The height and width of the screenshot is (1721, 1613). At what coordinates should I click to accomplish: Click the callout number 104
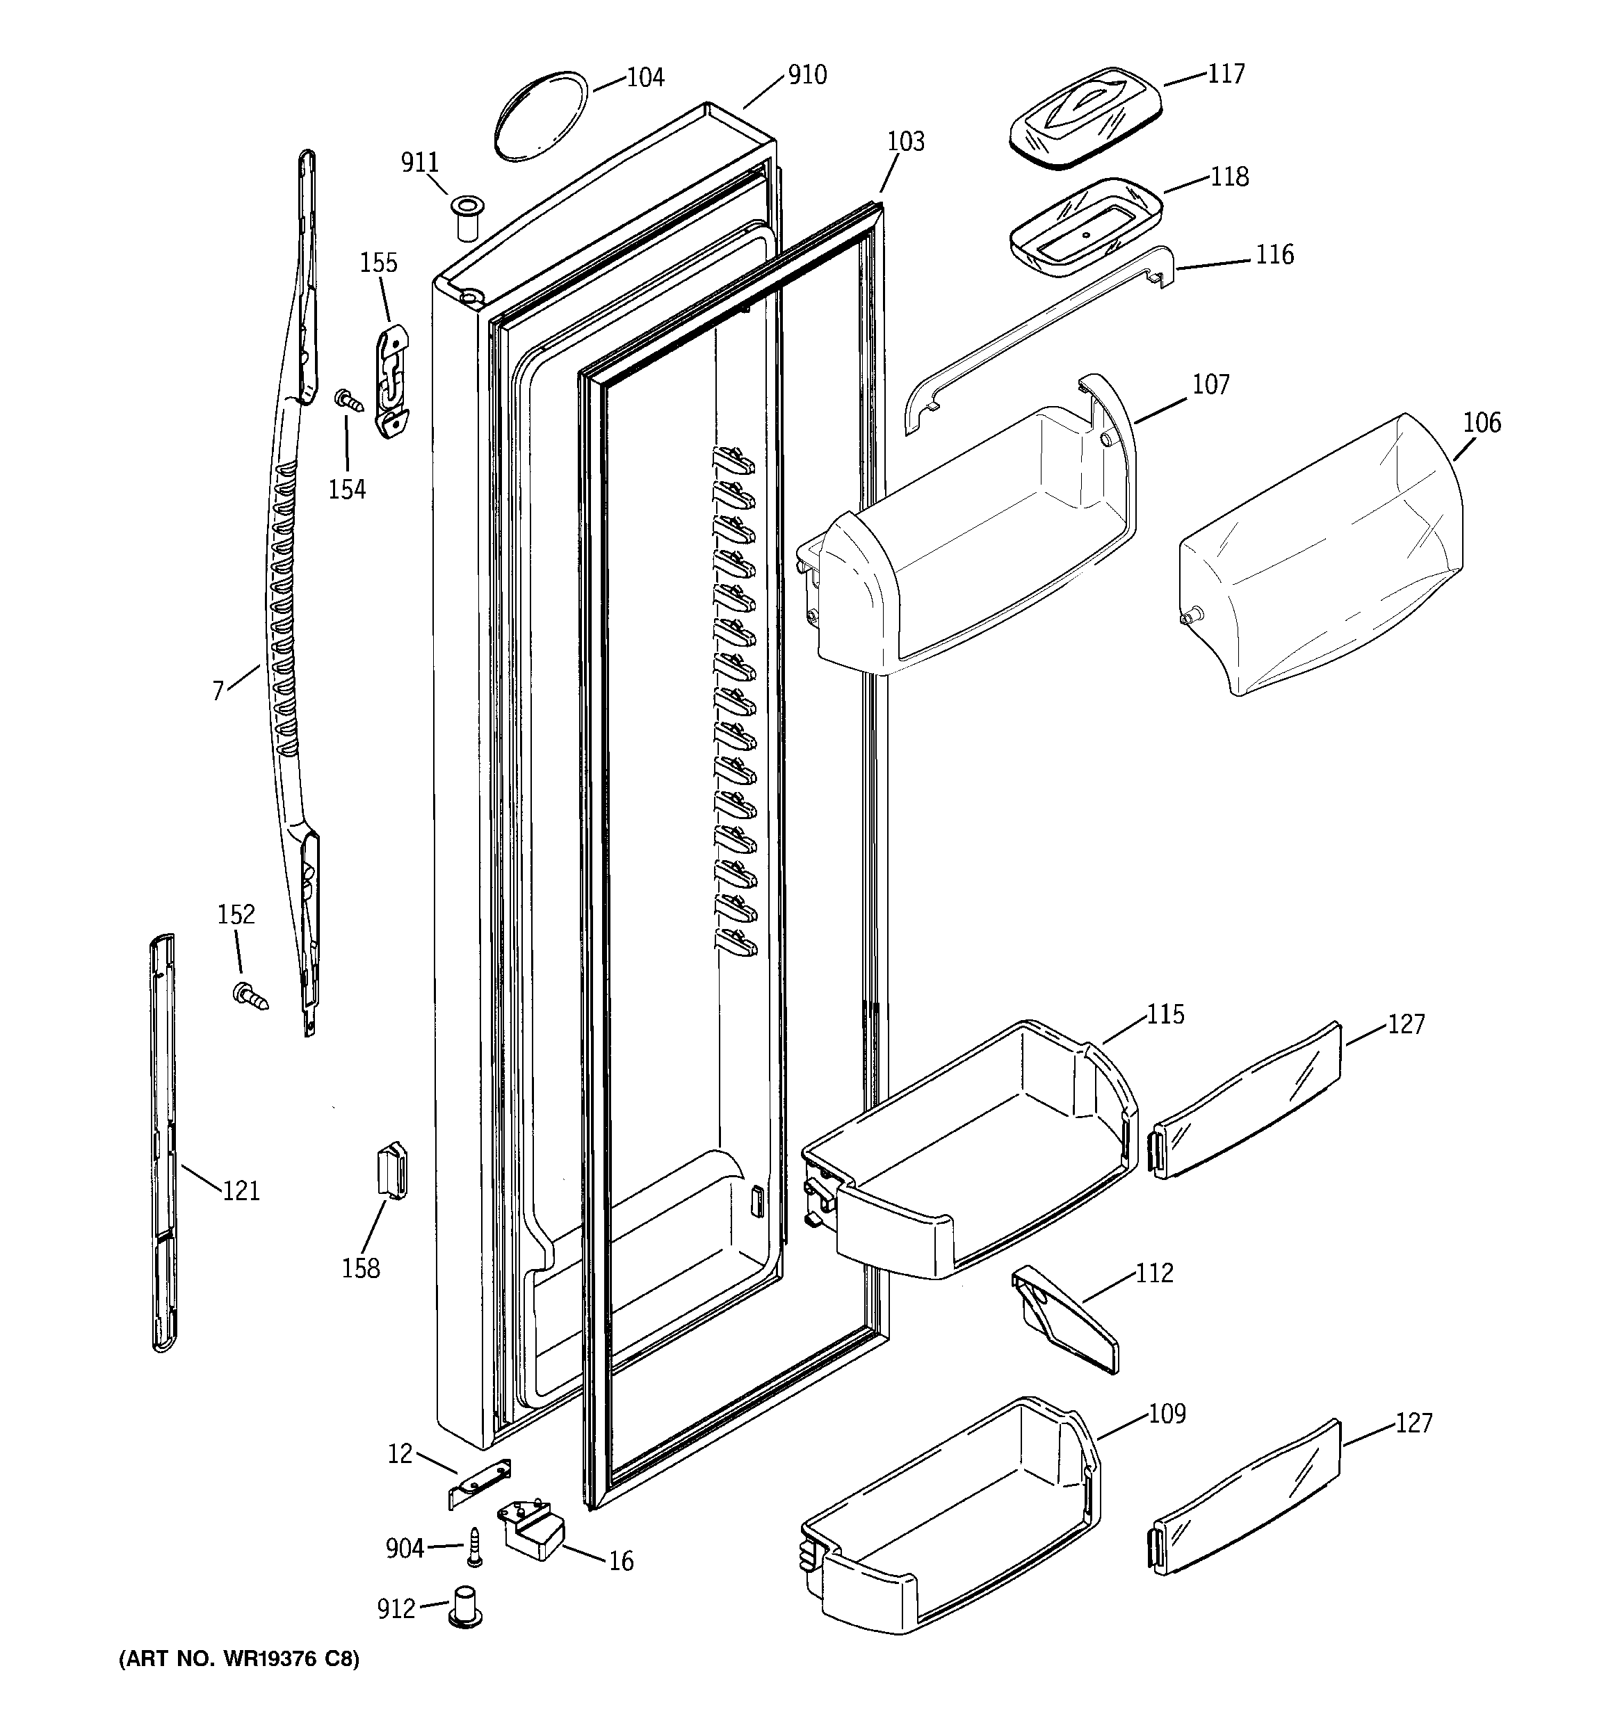(645, 78)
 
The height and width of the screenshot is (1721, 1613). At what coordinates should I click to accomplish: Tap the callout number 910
(807, 75)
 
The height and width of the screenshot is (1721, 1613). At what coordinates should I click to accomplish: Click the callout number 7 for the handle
(218, 690)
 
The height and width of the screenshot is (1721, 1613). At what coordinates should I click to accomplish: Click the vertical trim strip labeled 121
(163, 1142)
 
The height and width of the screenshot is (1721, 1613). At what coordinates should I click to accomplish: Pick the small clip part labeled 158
(393, 1170)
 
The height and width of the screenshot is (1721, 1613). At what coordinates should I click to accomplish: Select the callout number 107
(1210, 385)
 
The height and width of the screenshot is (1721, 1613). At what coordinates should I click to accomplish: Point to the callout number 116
(1274, 254)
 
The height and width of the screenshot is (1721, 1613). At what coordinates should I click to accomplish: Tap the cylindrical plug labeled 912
(466, 1607)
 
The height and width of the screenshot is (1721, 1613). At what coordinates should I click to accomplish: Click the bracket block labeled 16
(530, 1530)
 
